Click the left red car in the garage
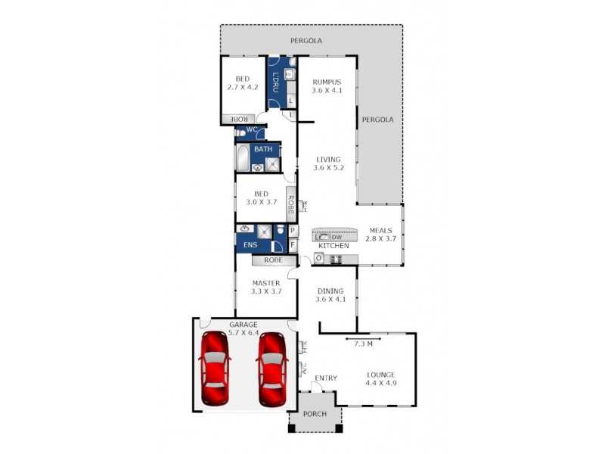[x=214, y=369]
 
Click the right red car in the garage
[x=271, y=369]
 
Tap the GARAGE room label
[x=244, y=328]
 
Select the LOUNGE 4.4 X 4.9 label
[x=380, y=378]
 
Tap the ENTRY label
[x=325, y=378]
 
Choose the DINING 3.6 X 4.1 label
[x=330, y=294]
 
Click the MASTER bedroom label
[x=265, y=288]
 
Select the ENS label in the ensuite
[x=250, y=244]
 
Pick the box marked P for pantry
[x=293, y=231]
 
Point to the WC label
[x=250, y=130]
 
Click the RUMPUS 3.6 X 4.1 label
[x=327, y=86]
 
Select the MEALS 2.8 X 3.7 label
[x=382, y=235]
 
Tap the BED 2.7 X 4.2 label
[x=242, y=82]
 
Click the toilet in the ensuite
[x=280, y=230]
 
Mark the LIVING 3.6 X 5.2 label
[x=328, y=163]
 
